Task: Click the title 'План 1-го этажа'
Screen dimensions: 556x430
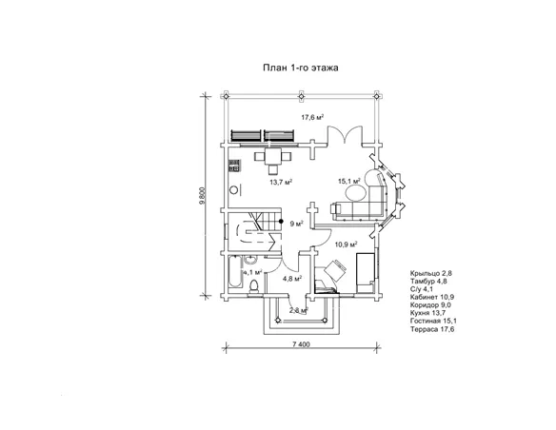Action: (300, 68)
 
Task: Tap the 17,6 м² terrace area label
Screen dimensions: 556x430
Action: (312, 117)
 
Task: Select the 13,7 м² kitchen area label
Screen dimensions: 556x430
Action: (281, 182)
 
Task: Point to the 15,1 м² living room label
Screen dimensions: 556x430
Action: (349, 181)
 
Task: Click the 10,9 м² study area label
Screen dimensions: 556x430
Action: (347, 244)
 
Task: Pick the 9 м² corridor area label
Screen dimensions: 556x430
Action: (296, 224)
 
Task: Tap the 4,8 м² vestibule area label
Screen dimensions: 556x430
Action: (292, 278)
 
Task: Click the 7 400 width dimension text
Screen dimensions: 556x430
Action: (302, 344)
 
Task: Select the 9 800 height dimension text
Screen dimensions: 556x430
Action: (202, 196)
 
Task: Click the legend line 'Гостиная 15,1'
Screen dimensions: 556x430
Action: (433, 321)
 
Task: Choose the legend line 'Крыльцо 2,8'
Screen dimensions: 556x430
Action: (431, 273)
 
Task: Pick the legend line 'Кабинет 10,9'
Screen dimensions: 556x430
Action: (432, 297)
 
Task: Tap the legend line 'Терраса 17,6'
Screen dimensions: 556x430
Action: (432, 329)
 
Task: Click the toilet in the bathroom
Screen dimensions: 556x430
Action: (254, 286)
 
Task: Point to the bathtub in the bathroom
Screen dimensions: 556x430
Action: (235, 271)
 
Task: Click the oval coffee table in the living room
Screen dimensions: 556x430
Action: (356, 193)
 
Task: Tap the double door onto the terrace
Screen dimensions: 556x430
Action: (345, 134)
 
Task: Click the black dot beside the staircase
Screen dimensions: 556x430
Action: (281, 222)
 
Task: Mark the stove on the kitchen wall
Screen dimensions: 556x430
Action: (235, 166)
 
